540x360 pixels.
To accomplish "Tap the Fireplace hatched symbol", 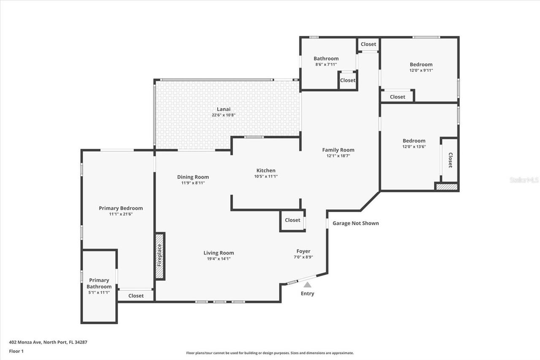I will coord(159,256).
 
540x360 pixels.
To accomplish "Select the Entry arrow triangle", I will coord(308,285).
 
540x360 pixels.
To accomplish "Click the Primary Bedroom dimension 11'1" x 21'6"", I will coord(121,214).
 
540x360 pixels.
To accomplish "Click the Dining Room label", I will coord(193,177).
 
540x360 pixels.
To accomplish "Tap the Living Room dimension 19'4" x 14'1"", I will coord(219,259).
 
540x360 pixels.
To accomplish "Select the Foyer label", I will coord(303,251).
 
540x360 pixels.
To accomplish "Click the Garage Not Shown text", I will coord(356,223).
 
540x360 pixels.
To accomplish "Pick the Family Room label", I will coord(338,150).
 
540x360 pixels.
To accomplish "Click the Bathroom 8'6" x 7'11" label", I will coord(326,59).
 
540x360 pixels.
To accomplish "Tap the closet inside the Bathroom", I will coord(348,80).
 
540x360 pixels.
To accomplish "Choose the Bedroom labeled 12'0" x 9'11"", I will coord(421,65).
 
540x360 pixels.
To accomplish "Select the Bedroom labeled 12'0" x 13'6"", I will coord(414,141).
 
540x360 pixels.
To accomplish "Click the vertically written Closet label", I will coord(450,160).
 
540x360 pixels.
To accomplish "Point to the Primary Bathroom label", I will coord(99,283).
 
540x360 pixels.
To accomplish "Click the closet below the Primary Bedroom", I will coord(136,296).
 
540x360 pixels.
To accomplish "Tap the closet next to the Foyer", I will coord(292,220).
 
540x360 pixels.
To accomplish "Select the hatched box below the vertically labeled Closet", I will coord(446,187).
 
